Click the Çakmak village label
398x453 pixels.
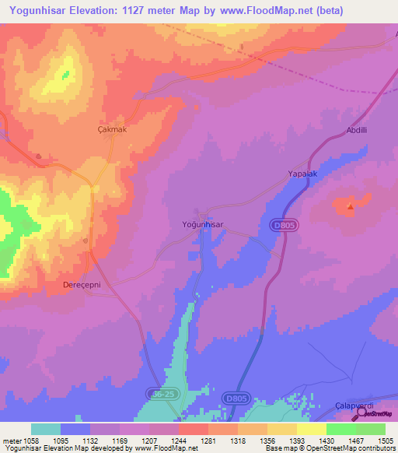pyautogui.click(x=111, y=129)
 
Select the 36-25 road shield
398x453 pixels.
pyautogui.click(x=160, y=396)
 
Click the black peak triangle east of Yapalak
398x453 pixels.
pyautogui.click(x=350, y=206)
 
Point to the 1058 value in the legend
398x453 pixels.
pyautogui.click(x=30, y=440)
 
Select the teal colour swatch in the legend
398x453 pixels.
pyautogui.click(x=45, y=429)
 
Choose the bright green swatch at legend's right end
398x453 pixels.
pyautogui.click(x=370, y=429)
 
